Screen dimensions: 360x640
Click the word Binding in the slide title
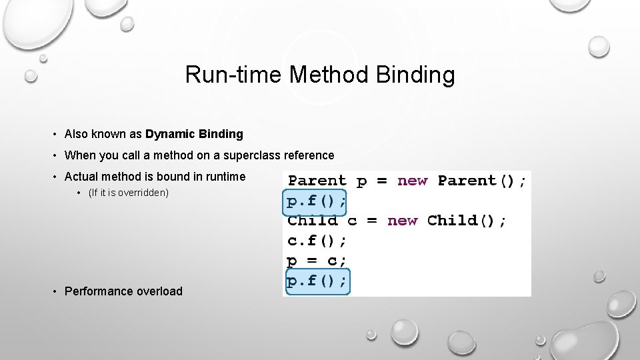pyautogui.click(x=415, y=75)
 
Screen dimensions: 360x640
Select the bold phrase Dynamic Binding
pyautogui.click(x=194, y=134)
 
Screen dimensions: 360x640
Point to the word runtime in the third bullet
pyautogui.click(x=224, y=177)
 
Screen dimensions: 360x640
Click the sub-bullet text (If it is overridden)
pyautogui.click(x=129, y=193)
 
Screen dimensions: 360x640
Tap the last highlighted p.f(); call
pyautogui.click(x=317, y=282)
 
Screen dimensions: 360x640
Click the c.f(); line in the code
pyautogui.click(x=317, y=241)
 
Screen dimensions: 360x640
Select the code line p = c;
pyautogui.click(x=317, y=261)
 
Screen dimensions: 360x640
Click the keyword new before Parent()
pyautogui.click(x=412, y=181)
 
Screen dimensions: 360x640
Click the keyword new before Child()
pyautogui.click(x=402, y=221)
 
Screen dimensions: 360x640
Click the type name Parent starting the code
pyautogui.click(x=317, y=181)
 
